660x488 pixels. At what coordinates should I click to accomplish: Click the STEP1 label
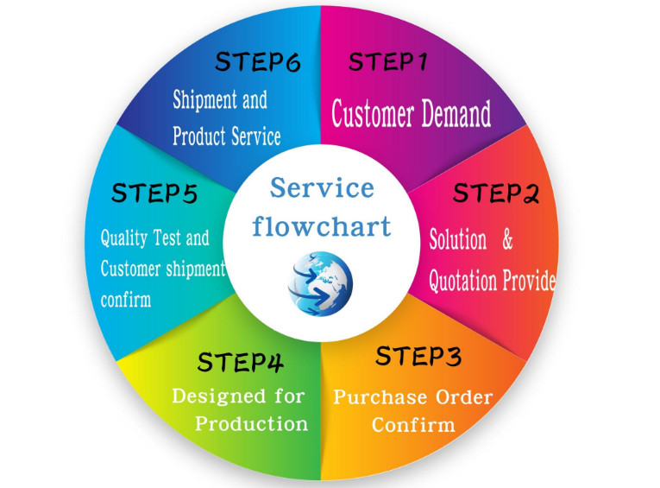pyautogui.click(x=387, y=62)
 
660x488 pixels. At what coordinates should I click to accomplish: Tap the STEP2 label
pyautogui.click(x=496, y=193)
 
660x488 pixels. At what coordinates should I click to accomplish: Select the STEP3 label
pyautogui.click(x=418, y=355)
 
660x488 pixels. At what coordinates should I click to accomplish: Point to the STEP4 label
pyautogui.click(x=241, y=361)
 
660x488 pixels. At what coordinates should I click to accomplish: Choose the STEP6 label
pyautogui.click(x=257, y=62)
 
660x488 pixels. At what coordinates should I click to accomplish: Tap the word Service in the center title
pyautogui.click(x=321, y=187)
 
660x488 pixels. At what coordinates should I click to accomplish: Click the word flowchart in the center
pyautogui.click(x=321, y=226)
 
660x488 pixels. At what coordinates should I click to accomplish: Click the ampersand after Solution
pyautogui.click(x=508, y=239)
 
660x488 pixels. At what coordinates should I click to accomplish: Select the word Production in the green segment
pyautogui.click(x=251, y=423)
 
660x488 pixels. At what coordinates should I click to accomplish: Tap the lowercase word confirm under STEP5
pyautogui.click(x=125, y=300)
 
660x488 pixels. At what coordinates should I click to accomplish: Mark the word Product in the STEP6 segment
pyautogui.click(x=199, y=136)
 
